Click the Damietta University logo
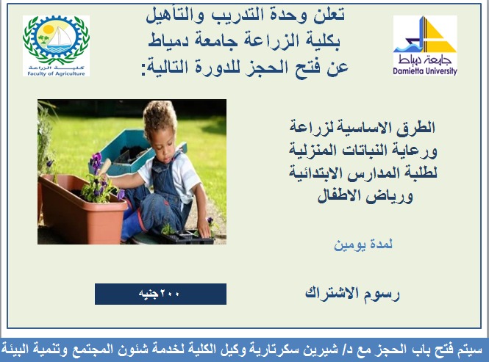425,46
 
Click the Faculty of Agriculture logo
56,46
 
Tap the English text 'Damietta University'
425,71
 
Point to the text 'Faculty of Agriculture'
56,74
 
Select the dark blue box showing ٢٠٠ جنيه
160,294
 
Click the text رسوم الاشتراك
352,294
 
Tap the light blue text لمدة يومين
363,245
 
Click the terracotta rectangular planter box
82,209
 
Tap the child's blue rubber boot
132,224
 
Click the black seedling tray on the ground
188,236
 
